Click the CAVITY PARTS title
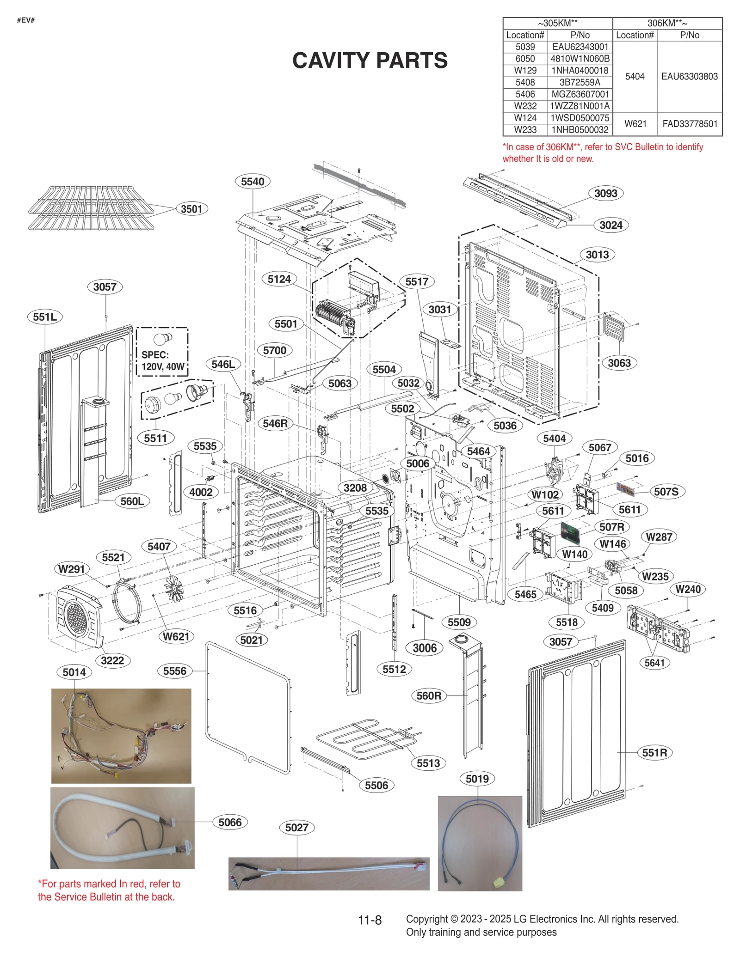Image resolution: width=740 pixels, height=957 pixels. click(x=370, y=61)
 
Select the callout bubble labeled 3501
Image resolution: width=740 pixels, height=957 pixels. click(x=191, y=209)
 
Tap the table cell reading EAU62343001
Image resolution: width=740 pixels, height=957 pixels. click(x=580, y=47)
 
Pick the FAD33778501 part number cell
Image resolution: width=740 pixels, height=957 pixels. click(x=690, y=124)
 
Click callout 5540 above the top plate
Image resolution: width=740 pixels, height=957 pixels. click(x=253, y=182)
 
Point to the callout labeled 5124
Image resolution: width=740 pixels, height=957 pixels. click(x=279, y=279)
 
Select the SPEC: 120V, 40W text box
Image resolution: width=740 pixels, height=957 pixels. click(x=162, y=360)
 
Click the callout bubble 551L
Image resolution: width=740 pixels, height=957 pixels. click(x=45, y=317)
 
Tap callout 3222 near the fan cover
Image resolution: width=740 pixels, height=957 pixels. click(x=112, y=660)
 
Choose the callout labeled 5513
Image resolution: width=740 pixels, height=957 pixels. click(x=428, y=763)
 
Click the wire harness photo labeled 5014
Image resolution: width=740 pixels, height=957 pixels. click(x=121, y=736)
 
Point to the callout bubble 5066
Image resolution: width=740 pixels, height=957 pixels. click(x=230, y=822)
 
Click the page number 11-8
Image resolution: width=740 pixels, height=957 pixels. click(x=370, y=920)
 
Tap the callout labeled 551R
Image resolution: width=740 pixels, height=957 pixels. click(x=654, y=752)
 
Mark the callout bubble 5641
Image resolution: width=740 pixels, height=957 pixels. click(x=654, y=663)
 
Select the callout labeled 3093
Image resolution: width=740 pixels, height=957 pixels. click(x=605, y=193)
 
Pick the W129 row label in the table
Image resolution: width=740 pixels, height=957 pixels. click(x=525, y=71)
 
